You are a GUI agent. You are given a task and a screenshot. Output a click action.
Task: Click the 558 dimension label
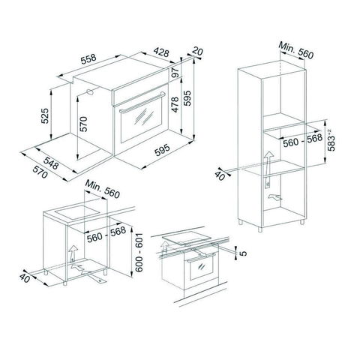point(88,58)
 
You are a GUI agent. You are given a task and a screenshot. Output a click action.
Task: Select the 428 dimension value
point(161,52)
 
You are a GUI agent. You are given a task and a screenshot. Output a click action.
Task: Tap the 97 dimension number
point(175,73)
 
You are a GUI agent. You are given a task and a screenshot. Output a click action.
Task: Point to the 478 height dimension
point(175,104)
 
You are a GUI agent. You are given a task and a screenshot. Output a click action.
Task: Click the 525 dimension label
point(45,115)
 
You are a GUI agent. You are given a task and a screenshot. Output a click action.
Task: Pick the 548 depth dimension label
point(51,163)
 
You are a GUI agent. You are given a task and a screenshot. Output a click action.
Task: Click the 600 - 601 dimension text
point(139,253)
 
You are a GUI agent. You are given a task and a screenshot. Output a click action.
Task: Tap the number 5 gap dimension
point(243,253)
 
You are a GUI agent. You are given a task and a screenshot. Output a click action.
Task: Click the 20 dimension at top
point(197,52)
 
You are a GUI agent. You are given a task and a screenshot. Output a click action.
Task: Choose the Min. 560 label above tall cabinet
point(295,50)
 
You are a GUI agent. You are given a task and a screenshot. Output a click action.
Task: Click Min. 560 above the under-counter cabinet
point(103,189)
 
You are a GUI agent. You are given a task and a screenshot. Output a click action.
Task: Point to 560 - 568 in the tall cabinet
point(302,141)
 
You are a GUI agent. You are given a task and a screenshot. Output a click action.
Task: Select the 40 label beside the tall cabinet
point(220,175)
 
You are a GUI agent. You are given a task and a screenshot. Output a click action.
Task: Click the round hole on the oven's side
point(90,92)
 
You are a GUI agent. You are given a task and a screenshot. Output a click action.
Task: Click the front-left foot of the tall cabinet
point(260,229)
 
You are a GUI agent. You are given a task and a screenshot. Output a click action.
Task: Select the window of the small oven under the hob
point(201,268)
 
